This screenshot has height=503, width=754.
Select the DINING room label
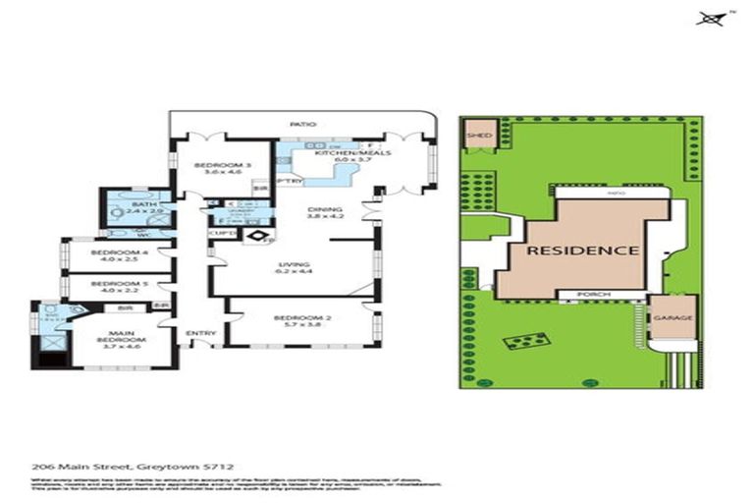324,209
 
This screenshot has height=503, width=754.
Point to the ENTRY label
200,334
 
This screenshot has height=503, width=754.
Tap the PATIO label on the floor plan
299,125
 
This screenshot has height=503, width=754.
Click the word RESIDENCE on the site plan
583,250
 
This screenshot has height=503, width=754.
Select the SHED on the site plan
480,136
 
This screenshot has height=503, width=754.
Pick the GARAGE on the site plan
673,319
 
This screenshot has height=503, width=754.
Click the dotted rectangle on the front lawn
525,341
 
